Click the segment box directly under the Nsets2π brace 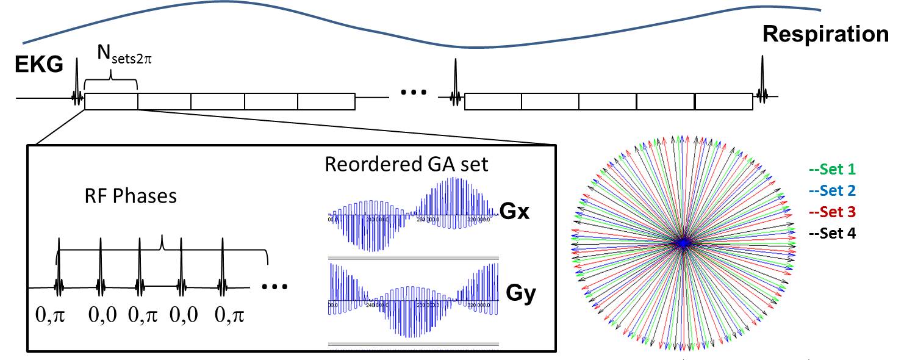pos(111,101)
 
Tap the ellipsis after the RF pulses pos(273,285)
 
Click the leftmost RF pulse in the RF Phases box pos(59,268)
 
